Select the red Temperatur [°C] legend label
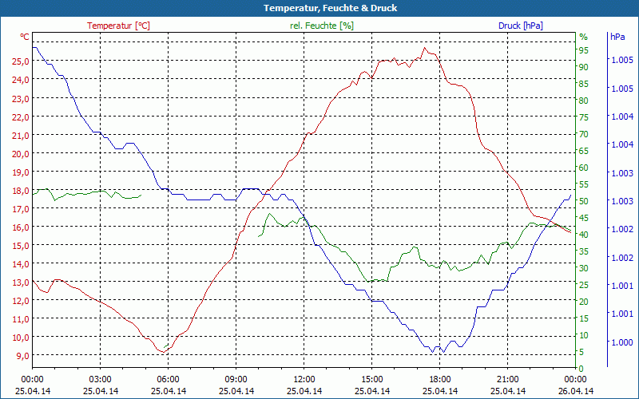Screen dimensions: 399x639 pyautogui.click(x=118, y=26)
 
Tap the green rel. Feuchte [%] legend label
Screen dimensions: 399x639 pyautogui.click(x=321, y=26)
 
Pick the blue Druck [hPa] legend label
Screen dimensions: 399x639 pyautogui.click(x=521, y=26)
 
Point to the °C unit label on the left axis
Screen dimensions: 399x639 pyautogui.click(x=25, y=38)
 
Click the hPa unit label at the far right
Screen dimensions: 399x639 pyautogui.click(x=617, y=38)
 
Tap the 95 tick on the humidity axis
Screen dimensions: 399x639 pyautogui.click(x=584, y=50)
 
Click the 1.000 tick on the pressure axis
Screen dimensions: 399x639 pyautogui.click(x=621, y=342)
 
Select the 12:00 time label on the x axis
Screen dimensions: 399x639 pyautogui.click(x=304, y=379)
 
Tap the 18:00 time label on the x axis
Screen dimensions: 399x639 pyautogui.click(x=440, y=379)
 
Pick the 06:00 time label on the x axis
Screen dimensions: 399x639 pyautogui.click(x=169, y=379)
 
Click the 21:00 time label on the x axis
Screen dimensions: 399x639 pyautogui.click(x=508, y=379)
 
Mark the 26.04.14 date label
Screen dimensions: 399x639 pyautogui.click(x=576, y=391)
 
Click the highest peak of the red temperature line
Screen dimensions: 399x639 pyautogui.click(x=425, y=48)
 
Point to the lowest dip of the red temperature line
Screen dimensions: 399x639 pyautogui.click(x=162, y=352)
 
